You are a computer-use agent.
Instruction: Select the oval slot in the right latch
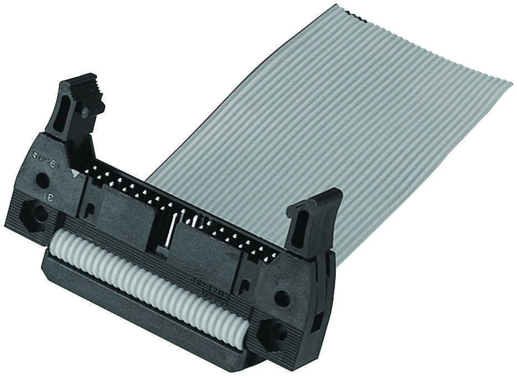pos(298,228)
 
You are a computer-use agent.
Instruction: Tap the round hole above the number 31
pos(41,180)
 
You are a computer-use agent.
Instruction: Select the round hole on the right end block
pos(282,298)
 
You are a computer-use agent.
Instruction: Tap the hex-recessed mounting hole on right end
pos(275,333)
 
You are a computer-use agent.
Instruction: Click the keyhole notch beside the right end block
pos(244,286)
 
